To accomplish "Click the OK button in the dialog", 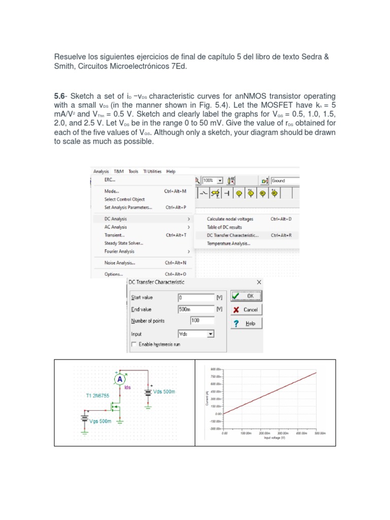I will pyautogui.click(x=246, y=296).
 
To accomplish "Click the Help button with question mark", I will pyautogui.click(x=246, y=323).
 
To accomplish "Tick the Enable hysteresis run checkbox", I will pyautogui.click(x=134, y=344).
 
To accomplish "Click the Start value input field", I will pyautogui.click(x=196, y=298).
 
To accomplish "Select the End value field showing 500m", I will pyautogui.click(x=196, y=309).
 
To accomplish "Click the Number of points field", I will pyautogui.click(x=202, y=321).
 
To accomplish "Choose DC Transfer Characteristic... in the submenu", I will pyautogui.click(x=232, y=236).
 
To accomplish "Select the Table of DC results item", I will pyautogui.click(x=224, y=227).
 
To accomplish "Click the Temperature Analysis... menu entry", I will pyautogui.click(x=228, y=244).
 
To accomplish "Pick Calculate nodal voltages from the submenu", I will pyautogui.click(x=230, y=219).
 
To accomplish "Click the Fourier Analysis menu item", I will pyautogui.click(x=119, y=251).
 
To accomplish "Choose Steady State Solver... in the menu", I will pyautogui.click(x=123, y=243).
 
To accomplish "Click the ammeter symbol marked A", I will pyautogui.click(x=119, y=379).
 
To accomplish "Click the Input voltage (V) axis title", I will pyautogui.click(x=275, y=437).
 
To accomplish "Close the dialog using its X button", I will pyautogui.click(x=259, y=282).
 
